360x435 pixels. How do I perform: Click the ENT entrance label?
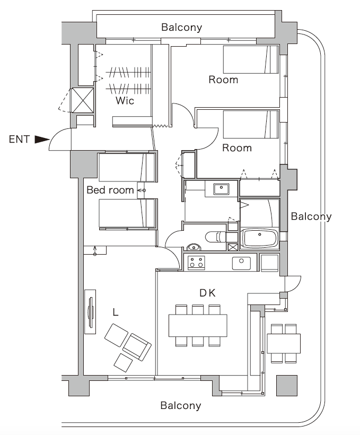click(x=19, y=140)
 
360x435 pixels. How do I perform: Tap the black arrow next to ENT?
click(x=41, y=140)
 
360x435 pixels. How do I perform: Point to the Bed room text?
click(x=110, y=190)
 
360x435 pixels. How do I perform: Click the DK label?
click(x=207, y=293)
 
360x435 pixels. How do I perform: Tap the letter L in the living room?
click(x=115, y=312)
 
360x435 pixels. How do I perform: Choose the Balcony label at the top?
click(x=181, y=28)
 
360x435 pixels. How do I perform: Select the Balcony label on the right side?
click(x=311, y=216)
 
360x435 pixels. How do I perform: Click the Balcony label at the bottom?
click(x=181, y=406)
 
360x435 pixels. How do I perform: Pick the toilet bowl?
click(x=215, y=237)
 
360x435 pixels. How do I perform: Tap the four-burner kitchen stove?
click(x=196, y=262)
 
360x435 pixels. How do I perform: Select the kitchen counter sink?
click(x=241, y=262)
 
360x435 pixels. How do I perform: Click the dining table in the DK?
click(x=198, y=325)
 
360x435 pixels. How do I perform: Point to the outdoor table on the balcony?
click(x=284, y=343)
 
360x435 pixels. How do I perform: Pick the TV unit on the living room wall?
click(x=91, y=312)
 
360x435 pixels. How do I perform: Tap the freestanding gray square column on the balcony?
click(x=287, y=386)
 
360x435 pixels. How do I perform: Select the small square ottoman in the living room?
click(x=124, y=362)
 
